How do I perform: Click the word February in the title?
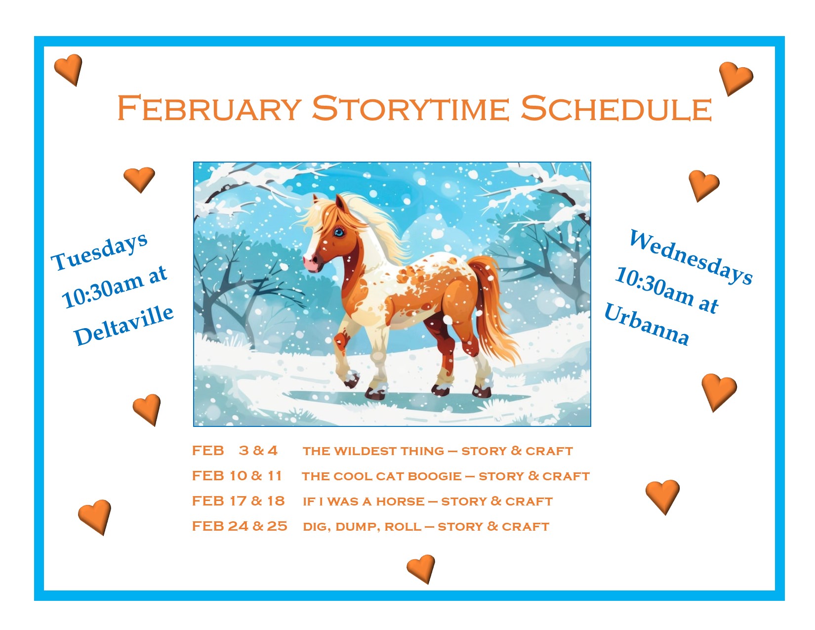[209, 108]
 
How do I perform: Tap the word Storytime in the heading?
[410, 108]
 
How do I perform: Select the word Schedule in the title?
[616, 108]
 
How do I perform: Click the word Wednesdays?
[691, 257]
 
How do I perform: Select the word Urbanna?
[647, 324]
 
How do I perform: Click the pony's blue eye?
[339, 232]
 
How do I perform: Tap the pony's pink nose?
[311, 263]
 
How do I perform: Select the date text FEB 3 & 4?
[235, 451]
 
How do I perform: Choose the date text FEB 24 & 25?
[240, 526]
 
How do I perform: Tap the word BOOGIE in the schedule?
[435, 476]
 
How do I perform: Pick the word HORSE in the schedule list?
[400, 502]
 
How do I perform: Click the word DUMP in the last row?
[358, 527]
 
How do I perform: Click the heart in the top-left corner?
[69, 69]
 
